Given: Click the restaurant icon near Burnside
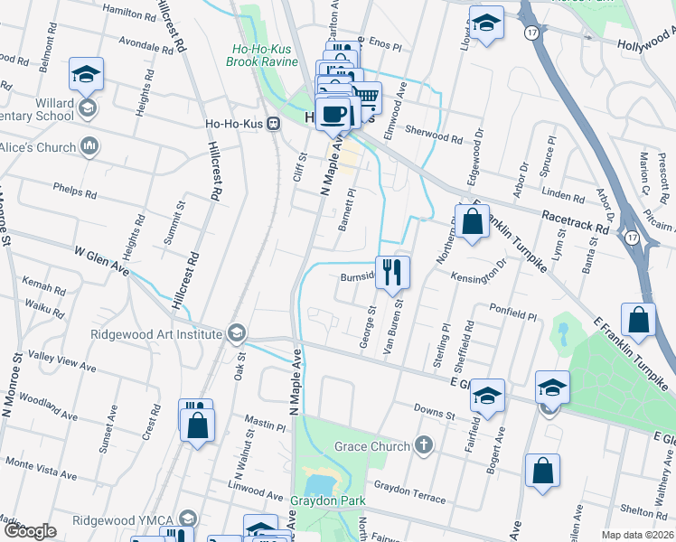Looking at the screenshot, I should [392, 272].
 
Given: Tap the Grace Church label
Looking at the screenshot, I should [371, 446].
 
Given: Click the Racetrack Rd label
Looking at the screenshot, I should [575, 223].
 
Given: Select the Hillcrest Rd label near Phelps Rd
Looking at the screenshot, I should [215, 170].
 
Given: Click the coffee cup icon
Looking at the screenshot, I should [333, 114].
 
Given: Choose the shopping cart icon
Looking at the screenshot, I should [365, 96].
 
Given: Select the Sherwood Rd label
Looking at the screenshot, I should [434, 133].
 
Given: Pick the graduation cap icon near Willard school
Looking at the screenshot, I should [87, 74].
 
